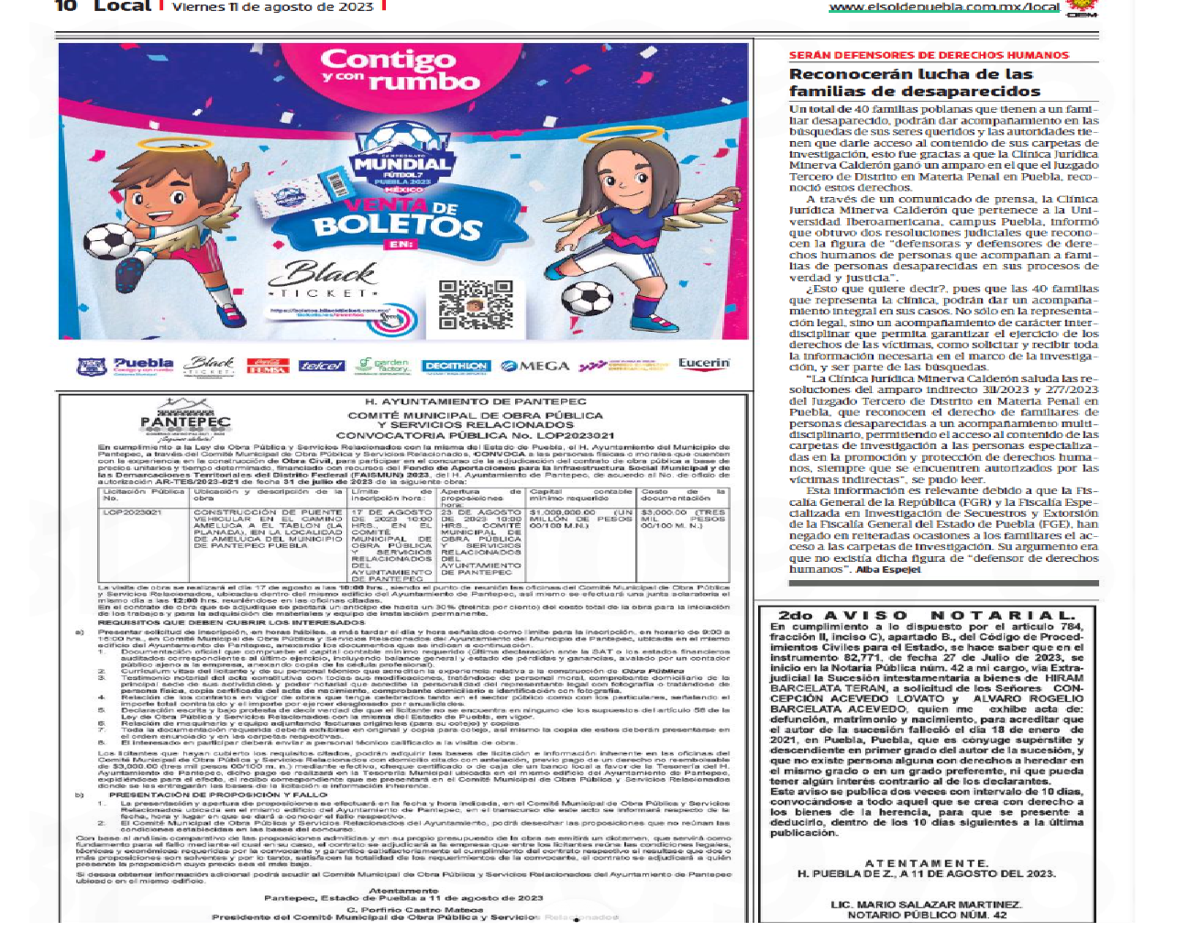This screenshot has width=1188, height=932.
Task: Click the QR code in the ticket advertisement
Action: click(x=475, y=304)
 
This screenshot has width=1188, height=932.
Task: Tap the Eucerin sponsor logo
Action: click(x=704, y=364)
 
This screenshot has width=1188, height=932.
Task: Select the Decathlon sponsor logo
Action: click(x=456, y=366)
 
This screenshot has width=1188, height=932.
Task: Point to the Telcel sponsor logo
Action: click(x=322, y=366)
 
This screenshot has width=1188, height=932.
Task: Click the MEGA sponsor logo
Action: click(x=535, y=366)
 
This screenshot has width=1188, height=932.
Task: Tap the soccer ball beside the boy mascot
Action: click(x=110, y=240)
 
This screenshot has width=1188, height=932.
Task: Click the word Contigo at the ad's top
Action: click(x=389, y=60)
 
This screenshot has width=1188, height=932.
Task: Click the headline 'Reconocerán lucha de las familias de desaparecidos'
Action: click(x=914, y=82)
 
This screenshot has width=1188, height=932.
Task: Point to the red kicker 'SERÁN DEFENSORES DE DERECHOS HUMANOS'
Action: click(x=929, y=55)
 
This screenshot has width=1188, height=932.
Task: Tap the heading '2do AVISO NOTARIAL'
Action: click(x=926, y=615)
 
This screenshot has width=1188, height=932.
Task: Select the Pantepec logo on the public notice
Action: click(x=184, y=418)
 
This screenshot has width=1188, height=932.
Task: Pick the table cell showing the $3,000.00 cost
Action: click(x=683, y=519)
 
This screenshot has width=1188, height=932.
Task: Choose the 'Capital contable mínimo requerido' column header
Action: click(x=580, y=495)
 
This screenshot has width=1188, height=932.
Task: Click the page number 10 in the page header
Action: click(x=66, y=6)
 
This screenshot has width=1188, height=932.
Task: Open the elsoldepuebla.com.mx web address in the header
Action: click(x=943, y=7)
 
